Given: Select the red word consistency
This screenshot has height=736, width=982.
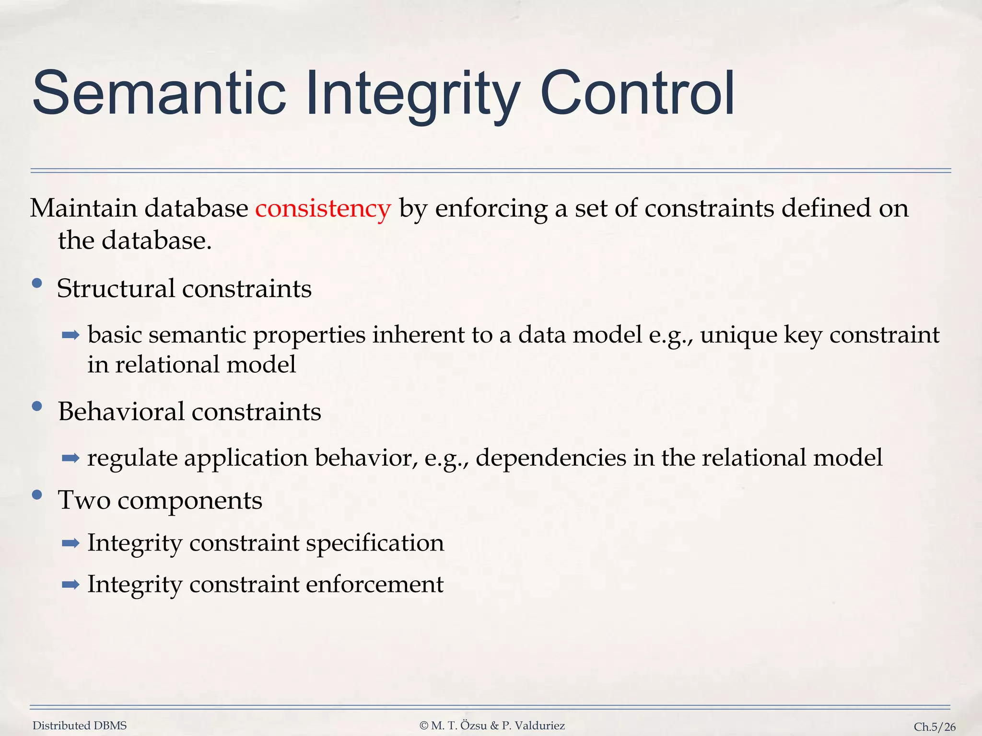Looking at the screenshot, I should (x=323, y=209).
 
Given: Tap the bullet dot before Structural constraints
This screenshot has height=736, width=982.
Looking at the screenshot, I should (x=37, y=284).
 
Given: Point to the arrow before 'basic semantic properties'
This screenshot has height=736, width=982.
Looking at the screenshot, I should (x=70, y=335).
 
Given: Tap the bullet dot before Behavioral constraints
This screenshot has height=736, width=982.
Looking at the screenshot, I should (x=37, y=407).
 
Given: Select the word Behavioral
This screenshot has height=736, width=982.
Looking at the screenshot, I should (x=121, y=412).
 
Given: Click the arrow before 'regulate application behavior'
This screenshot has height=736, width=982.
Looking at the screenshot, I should (x=70, y=458).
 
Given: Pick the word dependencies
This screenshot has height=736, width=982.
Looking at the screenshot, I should (x=551, y=458).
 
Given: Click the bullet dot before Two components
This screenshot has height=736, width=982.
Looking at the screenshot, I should (x=37, y=495).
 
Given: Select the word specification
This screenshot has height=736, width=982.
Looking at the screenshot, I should (x=374, y=543).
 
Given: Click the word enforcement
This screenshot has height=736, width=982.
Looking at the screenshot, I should (x=374, y=585).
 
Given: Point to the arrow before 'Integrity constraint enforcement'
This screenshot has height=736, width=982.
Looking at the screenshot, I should (x=70, y=585).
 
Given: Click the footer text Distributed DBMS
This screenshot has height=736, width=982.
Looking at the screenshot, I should (x=80, y=726).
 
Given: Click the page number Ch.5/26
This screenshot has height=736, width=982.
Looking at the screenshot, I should (x=934, y=727).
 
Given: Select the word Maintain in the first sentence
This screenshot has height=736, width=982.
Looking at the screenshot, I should (x=83, y=209).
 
